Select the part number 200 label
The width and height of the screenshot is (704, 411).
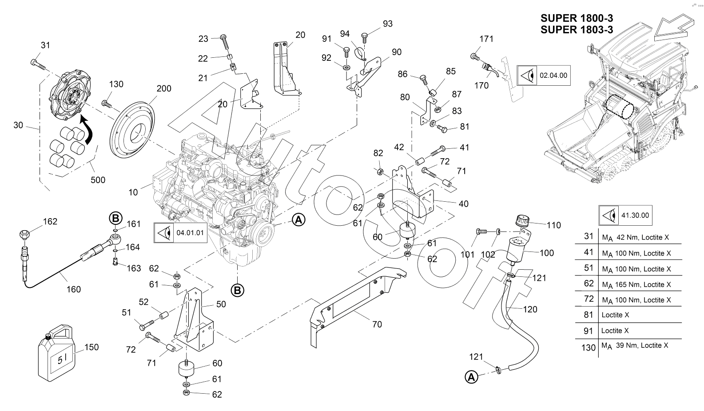(x=163, y=88)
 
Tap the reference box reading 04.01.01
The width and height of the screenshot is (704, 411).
(x=181, y=233)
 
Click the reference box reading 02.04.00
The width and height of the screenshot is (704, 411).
(x=544, y=75)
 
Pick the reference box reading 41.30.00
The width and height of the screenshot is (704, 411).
(x=625, y=215)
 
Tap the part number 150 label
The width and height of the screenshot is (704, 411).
(x=91, y=347)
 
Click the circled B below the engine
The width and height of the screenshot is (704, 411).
(x=237, y=291)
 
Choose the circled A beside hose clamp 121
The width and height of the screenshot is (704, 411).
(x=471, y=377)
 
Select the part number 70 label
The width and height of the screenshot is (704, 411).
(x=377, y=324)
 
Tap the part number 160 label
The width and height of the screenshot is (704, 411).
(x=74, y=289)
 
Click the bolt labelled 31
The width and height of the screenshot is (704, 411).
(x=38, y=64)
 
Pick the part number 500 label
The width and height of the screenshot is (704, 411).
(x=98, y=180)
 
